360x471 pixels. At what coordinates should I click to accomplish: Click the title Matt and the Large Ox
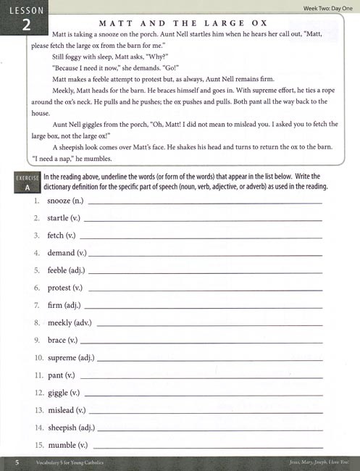pyautogui.click(x=194, y=23)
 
